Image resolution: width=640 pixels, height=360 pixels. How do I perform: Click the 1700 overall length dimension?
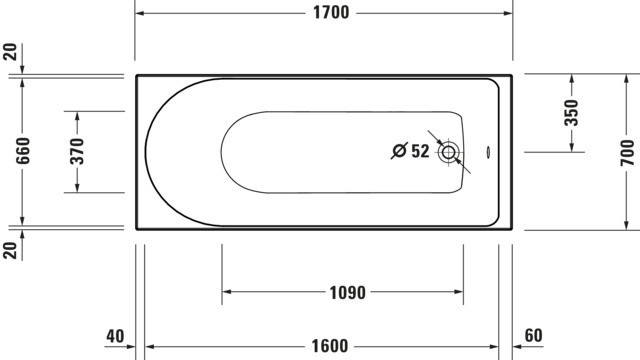331,13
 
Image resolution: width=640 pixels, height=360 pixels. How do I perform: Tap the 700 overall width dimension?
627,152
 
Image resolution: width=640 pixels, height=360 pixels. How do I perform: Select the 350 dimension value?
571,113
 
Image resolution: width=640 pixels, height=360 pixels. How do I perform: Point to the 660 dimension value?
23,151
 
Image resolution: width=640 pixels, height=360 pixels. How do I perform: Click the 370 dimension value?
77,151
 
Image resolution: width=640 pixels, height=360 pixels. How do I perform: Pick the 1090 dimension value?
347,293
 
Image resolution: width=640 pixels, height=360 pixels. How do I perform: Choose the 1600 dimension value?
330,346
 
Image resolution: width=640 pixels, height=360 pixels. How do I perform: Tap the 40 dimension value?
115,336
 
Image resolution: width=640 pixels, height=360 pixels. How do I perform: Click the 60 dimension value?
533,336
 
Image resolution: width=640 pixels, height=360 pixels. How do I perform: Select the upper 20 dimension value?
10,52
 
